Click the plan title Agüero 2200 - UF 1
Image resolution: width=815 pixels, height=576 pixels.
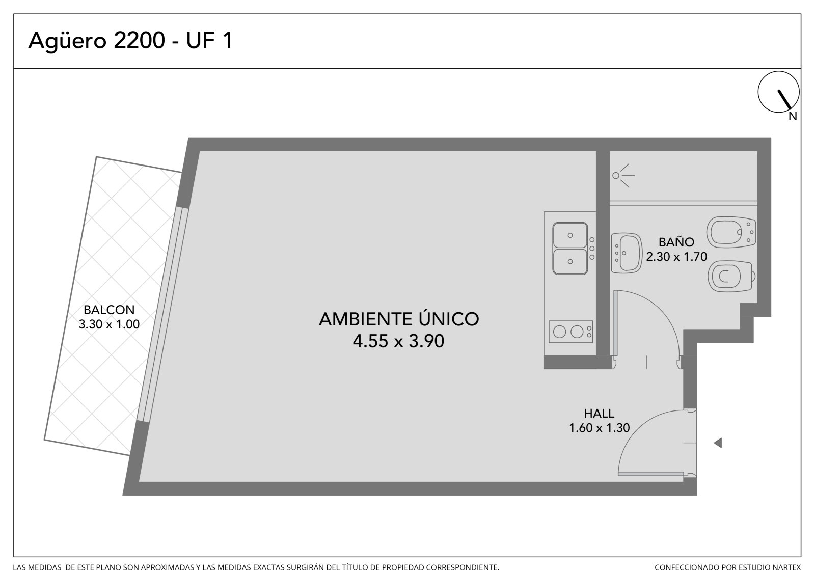(x=130, y=40)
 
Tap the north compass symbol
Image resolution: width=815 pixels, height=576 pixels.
(x=778, y=92)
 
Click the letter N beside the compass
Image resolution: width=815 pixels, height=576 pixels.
(x=793, y=117)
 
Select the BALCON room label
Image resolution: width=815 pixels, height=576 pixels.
(x=109, y=310)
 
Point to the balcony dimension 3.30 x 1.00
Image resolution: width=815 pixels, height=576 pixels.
(x=109, y=324)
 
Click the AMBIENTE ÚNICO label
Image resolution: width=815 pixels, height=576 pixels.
(x=399, y=319)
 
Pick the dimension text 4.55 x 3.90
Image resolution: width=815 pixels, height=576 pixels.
(x=398, y=341)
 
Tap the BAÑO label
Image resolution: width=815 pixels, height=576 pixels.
(x=676, y=241)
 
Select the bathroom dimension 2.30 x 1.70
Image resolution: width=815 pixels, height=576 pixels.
(x=676, y=257)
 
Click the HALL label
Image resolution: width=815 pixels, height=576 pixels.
(x=599, y=414)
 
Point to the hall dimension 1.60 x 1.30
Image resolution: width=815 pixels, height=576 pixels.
(x=599, y=428)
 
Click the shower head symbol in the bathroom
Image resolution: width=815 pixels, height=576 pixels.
(x=623, y=176)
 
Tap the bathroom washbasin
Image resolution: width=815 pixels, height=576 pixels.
(x=627, y=253)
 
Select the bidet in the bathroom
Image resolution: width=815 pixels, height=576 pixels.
(x=731, y=232)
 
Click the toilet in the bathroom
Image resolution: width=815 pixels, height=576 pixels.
(x=730, y=276)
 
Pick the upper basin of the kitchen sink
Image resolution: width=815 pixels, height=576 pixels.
(x=570, y=235)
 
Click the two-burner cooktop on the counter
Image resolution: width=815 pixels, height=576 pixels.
(x=570, y=332)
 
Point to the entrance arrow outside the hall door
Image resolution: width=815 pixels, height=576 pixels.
(x=718, y=443)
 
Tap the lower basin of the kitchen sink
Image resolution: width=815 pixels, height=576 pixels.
(x=570, y=262)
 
